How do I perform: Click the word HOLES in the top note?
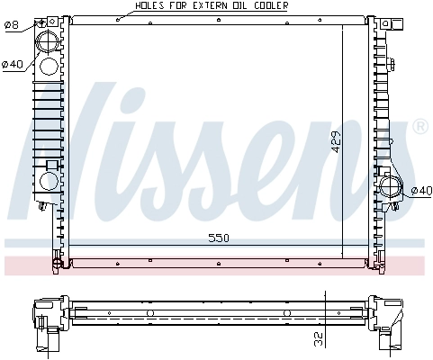pos(149,5)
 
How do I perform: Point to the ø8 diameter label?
pos(11,25)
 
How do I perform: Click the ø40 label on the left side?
pos(13,63)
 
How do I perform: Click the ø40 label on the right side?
pos(420,190)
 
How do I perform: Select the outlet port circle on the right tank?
pos(392,188)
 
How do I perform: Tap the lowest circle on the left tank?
pos(48,181)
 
